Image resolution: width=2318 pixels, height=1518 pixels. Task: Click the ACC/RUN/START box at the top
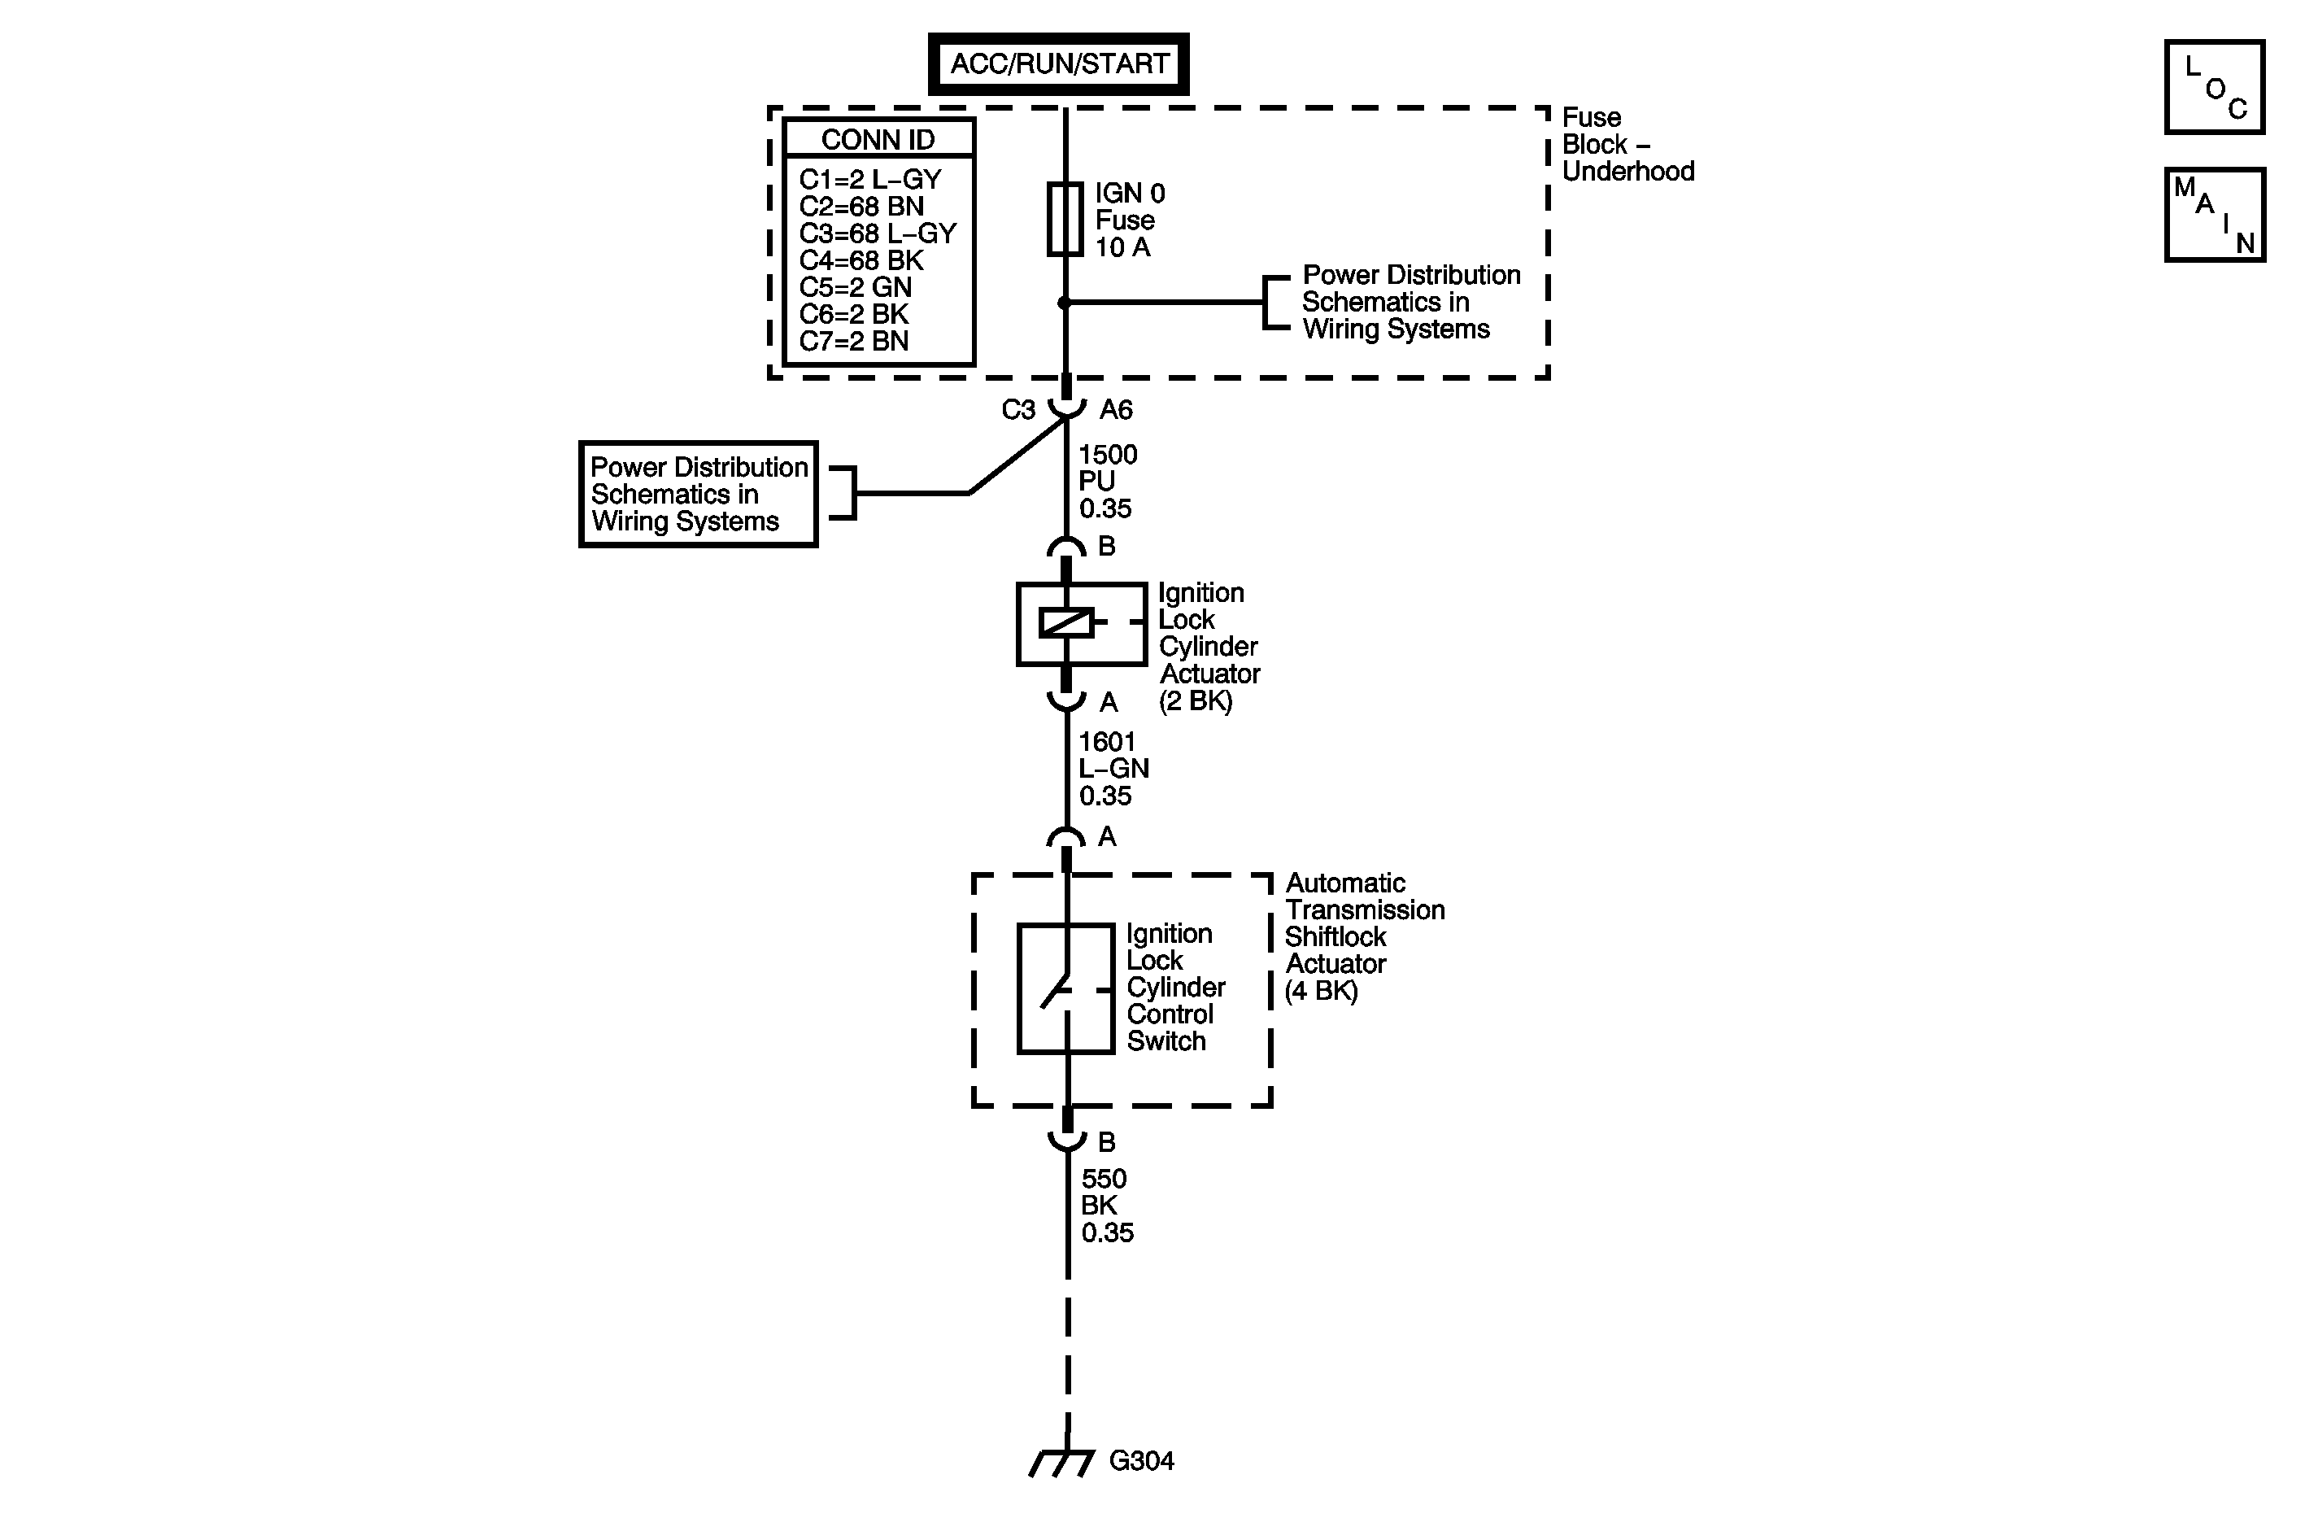point(1059,63)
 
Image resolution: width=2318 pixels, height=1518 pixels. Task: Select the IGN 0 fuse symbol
point(1065,219)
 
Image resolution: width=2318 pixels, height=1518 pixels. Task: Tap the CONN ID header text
point(878,139)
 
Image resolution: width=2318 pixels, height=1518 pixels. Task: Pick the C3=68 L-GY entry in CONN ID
point(878,233)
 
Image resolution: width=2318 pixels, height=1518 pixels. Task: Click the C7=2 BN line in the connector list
point(853,341)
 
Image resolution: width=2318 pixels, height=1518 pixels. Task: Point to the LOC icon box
point(2215,87)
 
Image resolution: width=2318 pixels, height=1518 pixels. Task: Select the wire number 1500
point(1108,455)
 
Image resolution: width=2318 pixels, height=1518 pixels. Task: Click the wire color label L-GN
point(1113,769)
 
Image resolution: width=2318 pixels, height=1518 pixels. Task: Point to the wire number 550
point(1104,1179)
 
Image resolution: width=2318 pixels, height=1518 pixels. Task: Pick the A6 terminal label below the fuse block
point(1116,410)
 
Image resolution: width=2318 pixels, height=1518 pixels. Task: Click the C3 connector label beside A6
point(1017,410)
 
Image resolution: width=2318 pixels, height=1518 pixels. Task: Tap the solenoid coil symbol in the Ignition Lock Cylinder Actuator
point(1066,622)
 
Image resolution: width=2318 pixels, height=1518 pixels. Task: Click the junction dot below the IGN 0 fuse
point(1065,303)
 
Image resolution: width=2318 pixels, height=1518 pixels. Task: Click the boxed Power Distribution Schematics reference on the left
point(699,494)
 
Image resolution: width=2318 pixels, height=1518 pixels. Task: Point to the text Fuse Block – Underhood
point(1627,144)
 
